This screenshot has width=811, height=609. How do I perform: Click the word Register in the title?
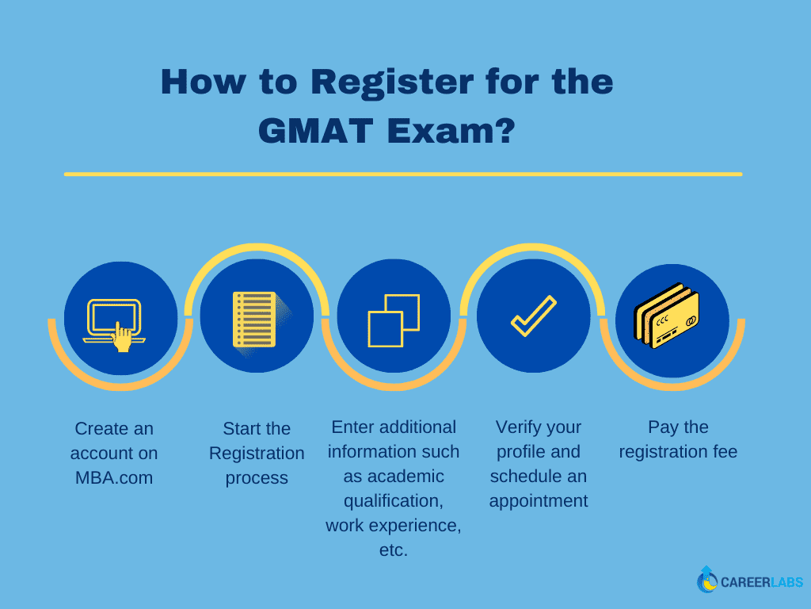[x=392, y=82]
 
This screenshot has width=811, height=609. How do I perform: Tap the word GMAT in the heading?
[x=315, y=131]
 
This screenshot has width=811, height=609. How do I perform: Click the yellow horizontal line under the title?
[x=403, y=174]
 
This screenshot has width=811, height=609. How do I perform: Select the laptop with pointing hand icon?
[x=114, y=324]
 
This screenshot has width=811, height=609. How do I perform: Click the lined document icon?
[x=257, y=320]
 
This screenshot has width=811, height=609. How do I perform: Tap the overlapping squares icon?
[x=394, y=320]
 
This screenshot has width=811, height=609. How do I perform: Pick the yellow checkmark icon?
[x=534, y=316]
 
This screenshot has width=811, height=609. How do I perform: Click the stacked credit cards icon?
[x=666, y=316]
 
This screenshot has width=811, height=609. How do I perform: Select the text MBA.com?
[x=114, y=477]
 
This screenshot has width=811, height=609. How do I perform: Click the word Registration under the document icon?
[x=257, y=454]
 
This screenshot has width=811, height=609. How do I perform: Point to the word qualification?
[x=394, y=501]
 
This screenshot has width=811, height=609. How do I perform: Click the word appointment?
[x=539, y=501]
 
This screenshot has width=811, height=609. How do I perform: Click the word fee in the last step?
[x=725, y=451]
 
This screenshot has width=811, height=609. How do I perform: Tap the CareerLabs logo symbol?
[x=706, y=580]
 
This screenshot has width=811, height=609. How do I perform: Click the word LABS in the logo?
[x=786, y=583]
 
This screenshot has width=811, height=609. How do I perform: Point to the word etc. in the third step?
[x=394, y=550]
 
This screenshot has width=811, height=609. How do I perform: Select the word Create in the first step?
[x=99, y=429]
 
